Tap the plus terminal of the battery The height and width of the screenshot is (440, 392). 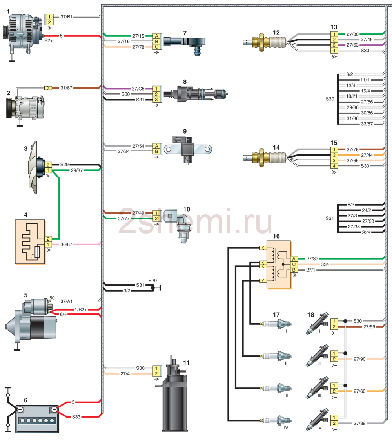[54, 409]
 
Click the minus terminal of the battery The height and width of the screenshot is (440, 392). [20, 409]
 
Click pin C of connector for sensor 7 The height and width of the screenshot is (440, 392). [156, 47]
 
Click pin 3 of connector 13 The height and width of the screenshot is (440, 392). [334, 45]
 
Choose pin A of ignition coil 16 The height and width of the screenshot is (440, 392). [294, 259]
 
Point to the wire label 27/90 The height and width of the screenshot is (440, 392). [359, 359]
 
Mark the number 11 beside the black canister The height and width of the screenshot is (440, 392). [187, 363]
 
